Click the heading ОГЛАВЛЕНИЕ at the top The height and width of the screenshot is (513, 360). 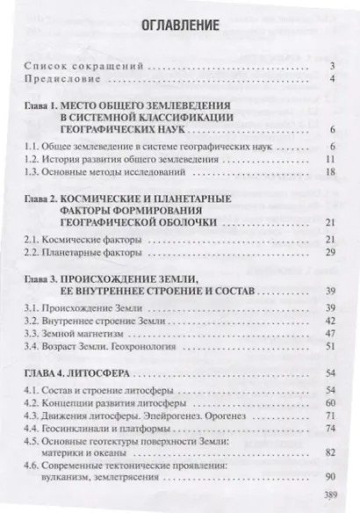point(181,27)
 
